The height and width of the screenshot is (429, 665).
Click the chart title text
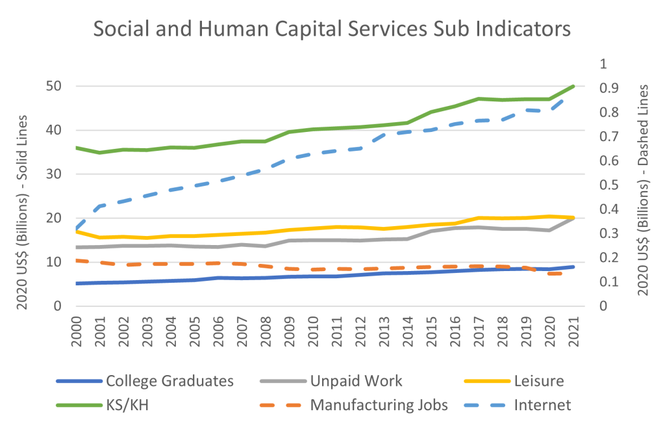[332, 29]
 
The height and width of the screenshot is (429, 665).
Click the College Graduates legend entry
[169, 381]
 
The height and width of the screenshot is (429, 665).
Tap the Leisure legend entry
[538, 381]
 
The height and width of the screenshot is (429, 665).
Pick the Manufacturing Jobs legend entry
[379, 405]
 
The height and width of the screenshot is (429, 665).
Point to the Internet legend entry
[542, 405]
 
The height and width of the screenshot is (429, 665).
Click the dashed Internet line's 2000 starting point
[77, 229]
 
